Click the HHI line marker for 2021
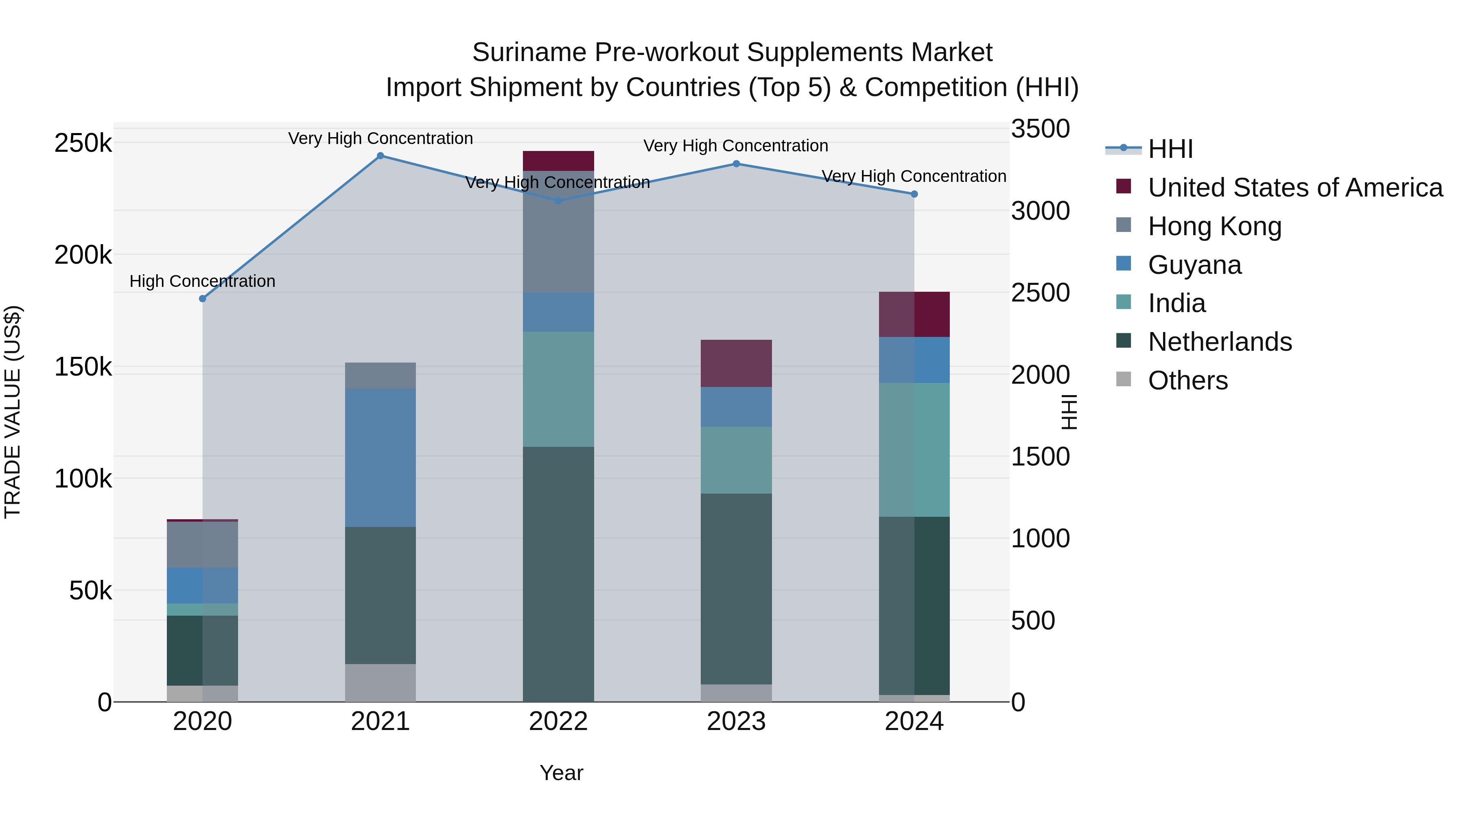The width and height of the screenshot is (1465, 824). click(x=380, y=156)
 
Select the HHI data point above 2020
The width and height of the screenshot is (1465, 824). click(x=203, y=299)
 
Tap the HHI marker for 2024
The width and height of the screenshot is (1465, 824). click(x=914, y=195)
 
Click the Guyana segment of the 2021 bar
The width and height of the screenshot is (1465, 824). click(x=380, y=458)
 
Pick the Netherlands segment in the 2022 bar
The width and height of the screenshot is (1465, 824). click(x=558, y=574)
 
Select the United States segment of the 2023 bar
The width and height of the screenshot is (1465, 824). click(x=736, y=363)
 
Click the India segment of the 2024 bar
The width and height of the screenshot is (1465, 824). click(x=914, y=450)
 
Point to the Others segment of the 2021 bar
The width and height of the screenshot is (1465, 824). click(x=380, y=682)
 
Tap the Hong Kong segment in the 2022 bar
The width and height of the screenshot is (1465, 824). click(x=558, y=232)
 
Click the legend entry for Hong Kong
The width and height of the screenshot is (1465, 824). click(x=1214, y=226)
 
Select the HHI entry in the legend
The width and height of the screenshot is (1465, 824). click(x=1170, y=149)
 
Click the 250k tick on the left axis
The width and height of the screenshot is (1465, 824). click(x=83, y=143)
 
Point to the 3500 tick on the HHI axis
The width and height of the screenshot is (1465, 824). click(x=1040, y=129)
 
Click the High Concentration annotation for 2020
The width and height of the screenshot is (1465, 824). click(x=203, y=282)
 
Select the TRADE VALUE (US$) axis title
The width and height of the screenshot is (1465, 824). click(x=13, y=412)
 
